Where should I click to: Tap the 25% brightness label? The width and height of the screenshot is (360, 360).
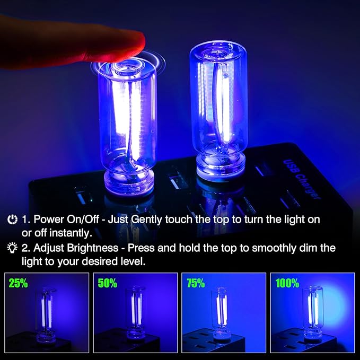[x=19, y=284]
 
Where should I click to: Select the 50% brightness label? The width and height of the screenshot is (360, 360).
[x=107, y=284]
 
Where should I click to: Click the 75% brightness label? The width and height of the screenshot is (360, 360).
[x=195, y=284]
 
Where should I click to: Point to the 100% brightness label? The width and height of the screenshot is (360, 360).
[x=287, y=284]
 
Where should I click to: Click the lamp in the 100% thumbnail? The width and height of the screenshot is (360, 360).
[x=312, y=313]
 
